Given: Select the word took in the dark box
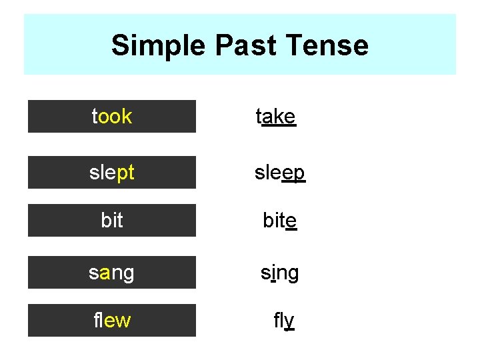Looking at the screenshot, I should click(112, 117).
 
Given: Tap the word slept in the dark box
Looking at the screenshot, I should click(112, 173).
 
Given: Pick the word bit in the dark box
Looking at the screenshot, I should click(112, 221).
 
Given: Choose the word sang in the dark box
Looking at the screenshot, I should click(112, 273).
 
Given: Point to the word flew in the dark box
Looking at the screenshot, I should click(112, 321).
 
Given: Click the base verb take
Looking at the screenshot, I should click(276, 117).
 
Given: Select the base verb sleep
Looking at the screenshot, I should click(280, 173).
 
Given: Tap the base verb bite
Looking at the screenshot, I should click(280, 221).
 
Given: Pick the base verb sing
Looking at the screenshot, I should click(280, 273).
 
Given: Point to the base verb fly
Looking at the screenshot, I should click(283, 321).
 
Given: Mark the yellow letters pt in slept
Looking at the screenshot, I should click(125, 173).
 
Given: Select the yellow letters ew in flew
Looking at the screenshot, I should click(117, 321).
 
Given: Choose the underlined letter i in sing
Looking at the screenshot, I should click(273, 273).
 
